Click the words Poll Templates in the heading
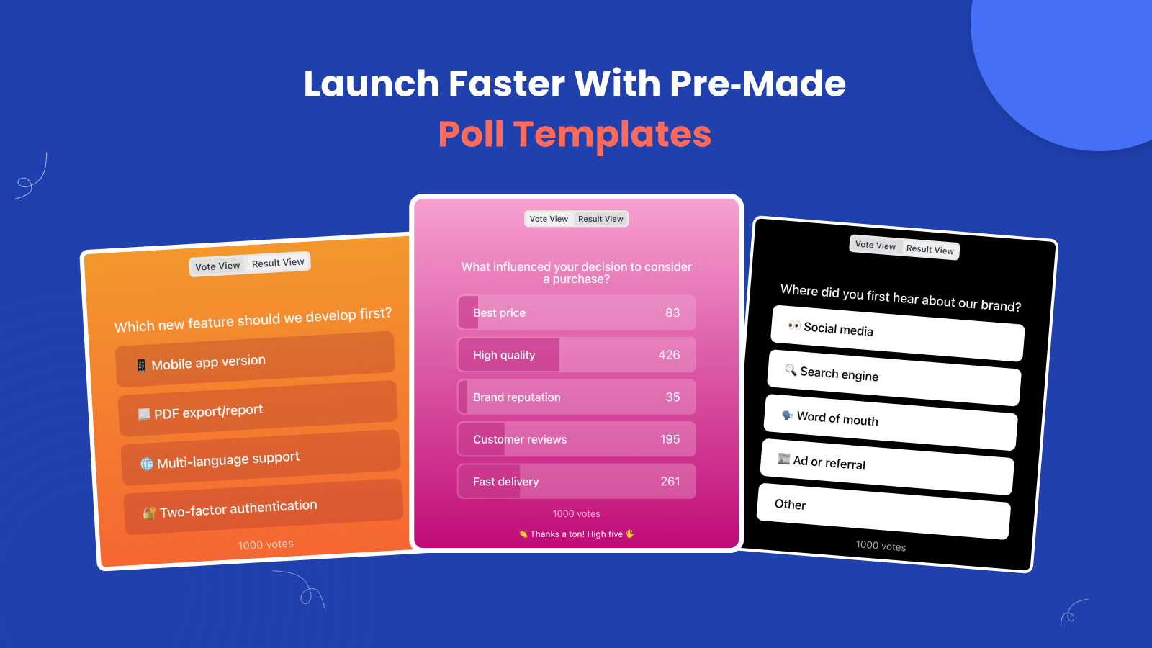point(575,134)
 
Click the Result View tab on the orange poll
point(278,263)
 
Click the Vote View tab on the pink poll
point(549,219)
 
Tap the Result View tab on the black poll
point(930,249)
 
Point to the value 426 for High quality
point(669,355)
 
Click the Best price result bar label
point(499,313)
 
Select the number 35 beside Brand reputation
point(672,397)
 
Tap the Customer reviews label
point(520,439)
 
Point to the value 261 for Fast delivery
point(670,482)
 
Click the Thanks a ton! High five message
point(576,534)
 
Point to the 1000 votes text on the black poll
point(881,546)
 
